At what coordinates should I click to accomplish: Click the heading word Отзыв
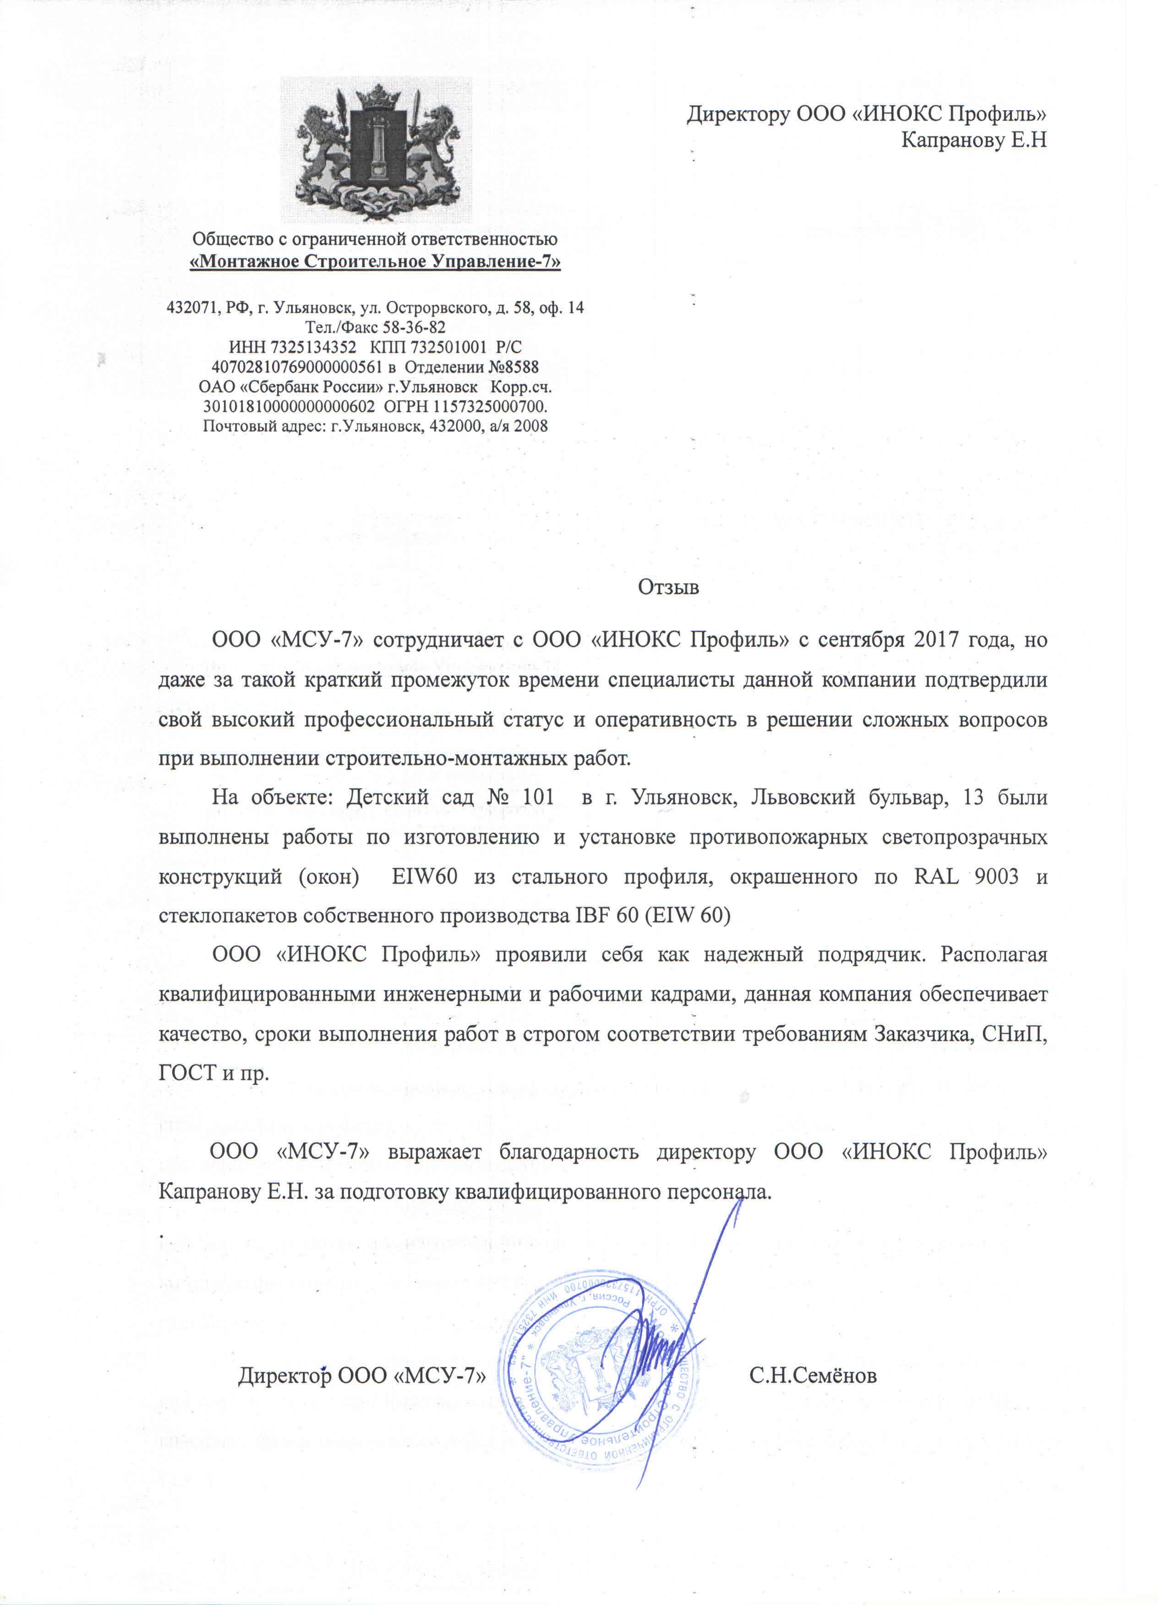coord(668,587)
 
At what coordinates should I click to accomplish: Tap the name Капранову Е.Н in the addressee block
coord(973,140)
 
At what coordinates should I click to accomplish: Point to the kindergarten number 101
coord(537,797)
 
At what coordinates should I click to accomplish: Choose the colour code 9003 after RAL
coord(996,876)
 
